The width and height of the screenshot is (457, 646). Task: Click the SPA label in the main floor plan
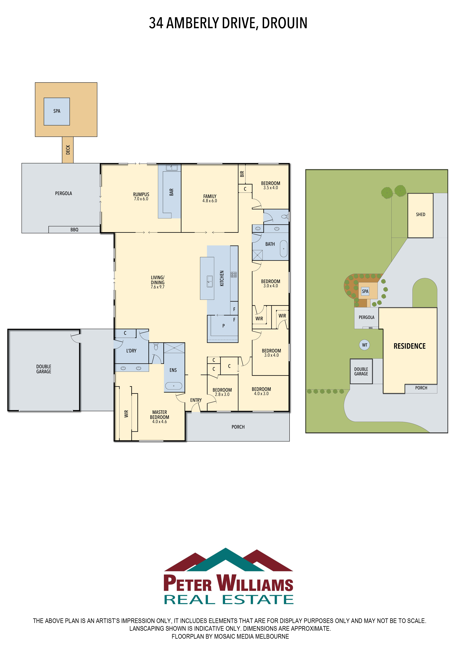point(57,111)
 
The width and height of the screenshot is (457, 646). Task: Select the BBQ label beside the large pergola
point(74,230)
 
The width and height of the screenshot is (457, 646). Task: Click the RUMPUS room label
point(141,194)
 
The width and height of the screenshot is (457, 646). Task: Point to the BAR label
point(171,192)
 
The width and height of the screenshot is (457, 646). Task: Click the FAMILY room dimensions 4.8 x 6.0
point(210,201)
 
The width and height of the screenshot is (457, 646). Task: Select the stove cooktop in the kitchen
point(234,275)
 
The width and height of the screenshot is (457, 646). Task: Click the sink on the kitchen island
point(210,281)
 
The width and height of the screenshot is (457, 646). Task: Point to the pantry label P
point(224,326)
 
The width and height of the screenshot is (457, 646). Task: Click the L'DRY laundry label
point(131,351)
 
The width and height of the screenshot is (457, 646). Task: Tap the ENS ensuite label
point(173,370)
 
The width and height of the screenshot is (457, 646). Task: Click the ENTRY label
point(196,400)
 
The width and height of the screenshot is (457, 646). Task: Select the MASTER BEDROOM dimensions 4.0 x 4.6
point(160,421)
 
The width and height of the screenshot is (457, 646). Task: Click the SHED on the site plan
point(420,216)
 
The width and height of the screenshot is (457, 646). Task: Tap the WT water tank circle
point(365,345)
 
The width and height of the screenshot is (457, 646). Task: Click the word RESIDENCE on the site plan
point(410,346)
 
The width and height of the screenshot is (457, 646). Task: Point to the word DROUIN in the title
point(285,23)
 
